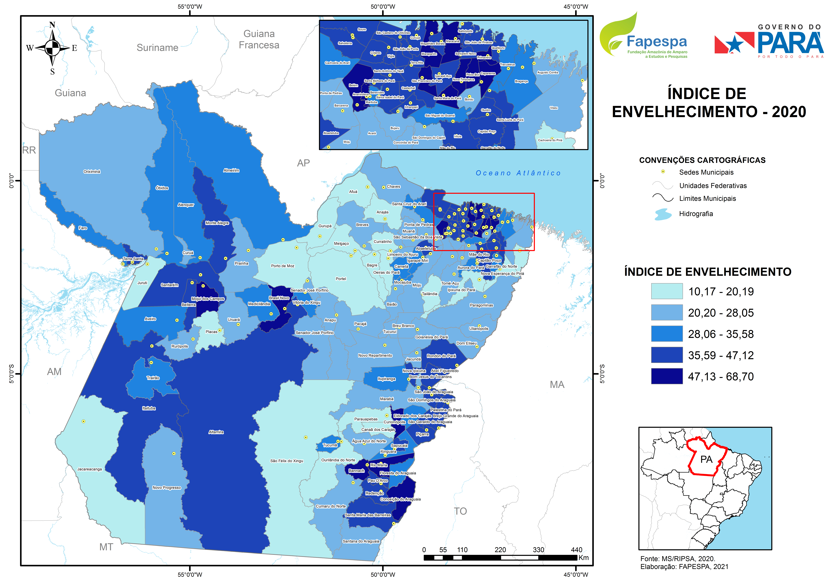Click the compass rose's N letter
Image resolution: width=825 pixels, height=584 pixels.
pos(52,25)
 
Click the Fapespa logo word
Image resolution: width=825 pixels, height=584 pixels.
pos(656,42)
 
